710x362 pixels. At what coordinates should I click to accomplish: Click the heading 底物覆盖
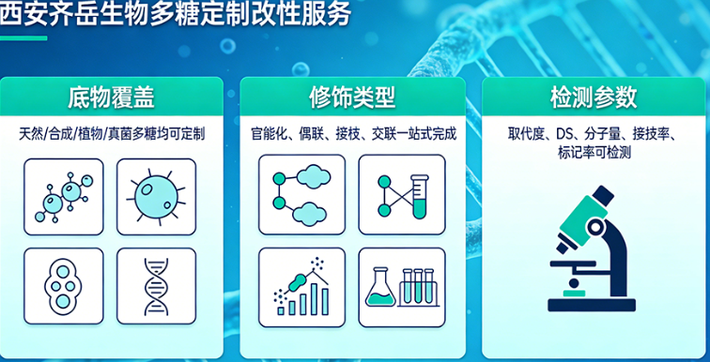111,98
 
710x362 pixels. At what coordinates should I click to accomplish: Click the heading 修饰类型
352,98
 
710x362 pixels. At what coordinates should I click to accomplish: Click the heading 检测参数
594,98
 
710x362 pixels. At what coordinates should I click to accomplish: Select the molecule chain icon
64,195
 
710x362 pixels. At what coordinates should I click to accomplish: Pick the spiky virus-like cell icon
156,195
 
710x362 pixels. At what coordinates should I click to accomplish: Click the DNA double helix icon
156,285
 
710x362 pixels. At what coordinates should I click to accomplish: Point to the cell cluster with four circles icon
64,285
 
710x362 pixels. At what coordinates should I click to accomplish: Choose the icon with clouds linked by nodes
301,194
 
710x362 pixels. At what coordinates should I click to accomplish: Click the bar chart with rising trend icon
301,287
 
